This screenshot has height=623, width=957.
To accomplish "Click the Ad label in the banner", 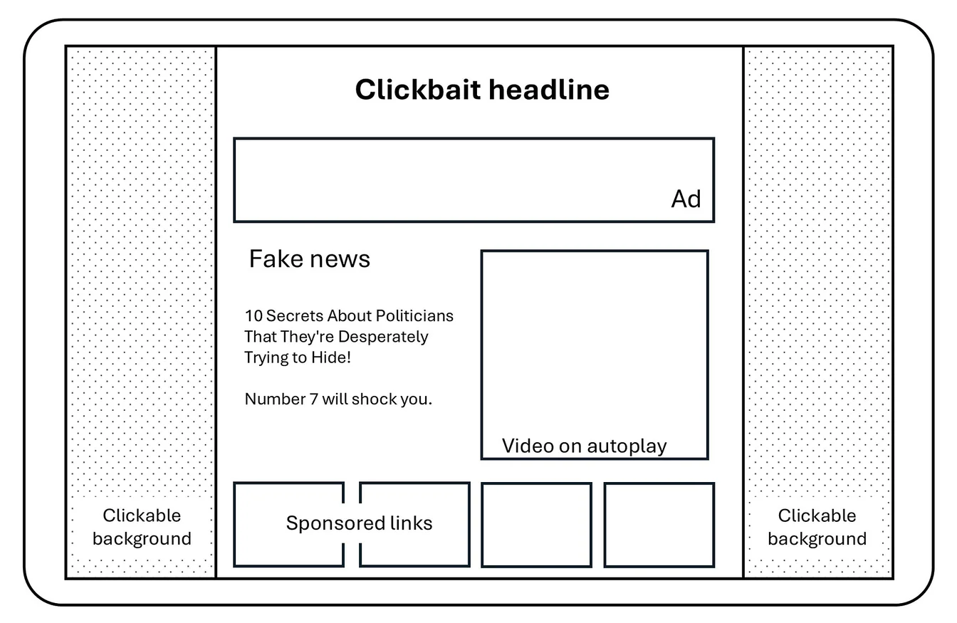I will [x=686, y=199].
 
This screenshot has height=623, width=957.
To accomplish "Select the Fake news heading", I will [x=309, y=258].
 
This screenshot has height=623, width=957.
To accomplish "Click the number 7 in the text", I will [x=313, y=399].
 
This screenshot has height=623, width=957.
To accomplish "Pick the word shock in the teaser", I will [x=374, y=399].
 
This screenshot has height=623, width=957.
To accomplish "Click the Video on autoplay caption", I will [x=584, y=446].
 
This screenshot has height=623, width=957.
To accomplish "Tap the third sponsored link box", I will [x=536, y=525].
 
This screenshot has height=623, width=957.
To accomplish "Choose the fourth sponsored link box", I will [x=659, y=525].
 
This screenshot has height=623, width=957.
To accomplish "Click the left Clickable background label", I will [x=142, y=527].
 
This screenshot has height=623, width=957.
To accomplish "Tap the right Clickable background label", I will [x=817, y=527].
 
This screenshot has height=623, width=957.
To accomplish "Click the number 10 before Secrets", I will [x=253, y=315].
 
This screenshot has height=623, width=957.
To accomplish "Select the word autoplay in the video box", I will [x=627, y=446].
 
